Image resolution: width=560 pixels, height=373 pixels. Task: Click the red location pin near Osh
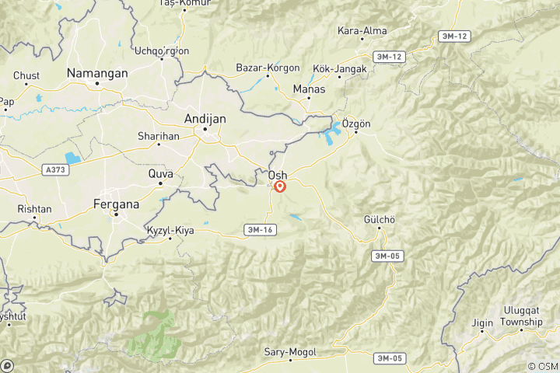280,186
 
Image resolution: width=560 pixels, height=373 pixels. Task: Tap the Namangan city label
96,72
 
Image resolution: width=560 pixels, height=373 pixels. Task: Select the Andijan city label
205,118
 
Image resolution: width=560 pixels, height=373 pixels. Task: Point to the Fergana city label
115,204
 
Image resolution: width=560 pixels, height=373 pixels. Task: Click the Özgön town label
357,124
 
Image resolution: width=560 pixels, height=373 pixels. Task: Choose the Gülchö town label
380,220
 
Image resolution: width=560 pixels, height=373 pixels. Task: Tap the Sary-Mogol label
290,352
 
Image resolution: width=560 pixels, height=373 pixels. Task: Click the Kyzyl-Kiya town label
170,230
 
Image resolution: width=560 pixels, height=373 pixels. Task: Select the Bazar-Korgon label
268,68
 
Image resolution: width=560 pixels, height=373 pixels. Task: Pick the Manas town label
309,89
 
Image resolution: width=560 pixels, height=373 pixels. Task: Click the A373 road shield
55,169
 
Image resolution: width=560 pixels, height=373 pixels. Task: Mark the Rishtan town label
34,209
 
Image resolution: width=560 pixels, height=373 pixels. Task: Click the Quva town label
161,173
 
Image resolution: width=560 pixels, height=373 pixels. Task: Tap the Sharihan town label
159,135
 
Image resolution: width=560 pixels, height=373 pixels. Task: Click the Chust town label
26,75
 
